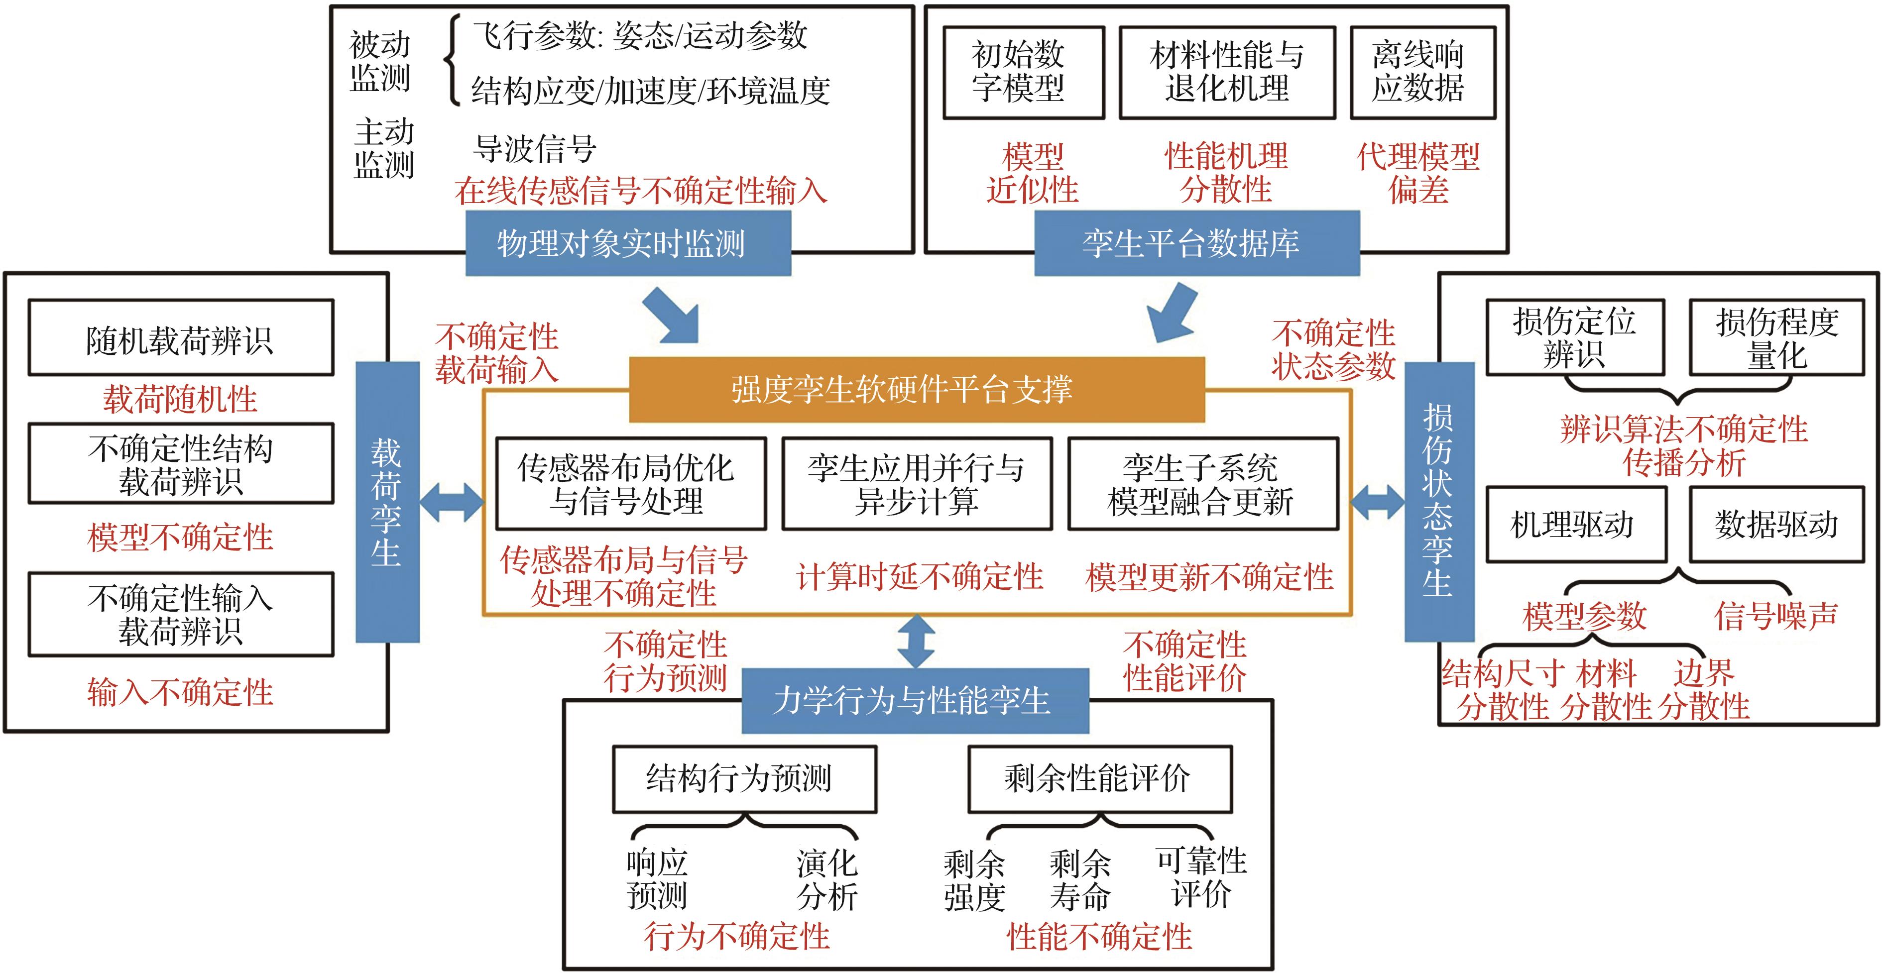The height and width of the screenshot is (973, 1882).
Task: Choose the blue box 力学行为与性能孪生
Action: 915,701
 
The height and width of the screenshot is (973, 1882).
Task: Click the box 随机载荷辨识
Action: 180,338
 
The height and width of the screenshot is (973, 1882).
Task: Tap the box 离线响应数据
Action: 1422,72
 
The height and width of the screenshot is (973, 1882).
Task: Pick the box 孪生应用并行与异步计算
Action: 917,484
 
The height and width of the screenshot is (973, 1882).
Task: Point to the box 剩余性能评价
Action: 1099,779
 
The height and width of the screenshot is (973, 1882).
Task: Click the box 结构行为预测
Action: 744,779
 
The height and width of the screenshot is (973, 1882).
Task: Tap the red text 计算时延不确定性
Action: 920,577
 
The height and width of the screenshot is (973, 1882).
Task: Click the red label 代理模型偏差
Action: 1418,174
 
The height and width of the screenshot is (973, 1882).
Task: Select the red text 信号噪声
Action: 1775,616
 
